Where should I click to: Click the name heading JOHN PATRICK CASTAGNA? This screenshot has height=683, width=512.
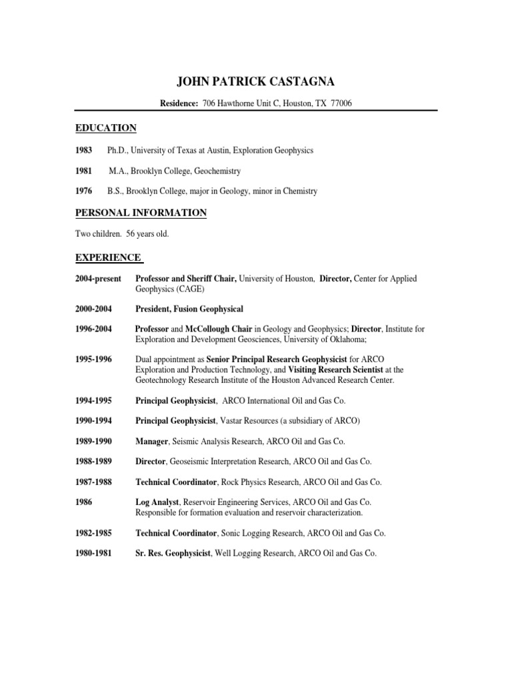[x=255, y=82]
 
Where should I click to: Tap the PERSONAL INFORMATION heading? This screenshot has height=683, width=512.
[x=141, y=213]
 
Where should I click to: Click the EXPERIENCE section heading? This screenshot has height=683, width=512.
[x=108, y=257]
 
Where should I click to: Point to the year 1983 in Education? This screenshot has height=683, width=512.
[x=85, y=151]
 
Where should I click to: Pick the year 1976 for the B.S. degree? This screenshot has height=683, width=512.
[x=85, y=191]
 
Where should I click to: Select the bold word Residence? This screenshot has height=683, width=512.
[x=179, y=103]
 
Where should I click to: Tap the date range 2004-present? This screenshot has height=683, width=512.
[x=97, y=279]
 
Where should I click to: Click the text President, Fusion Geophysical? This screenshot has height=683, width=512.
[x=189, y=309]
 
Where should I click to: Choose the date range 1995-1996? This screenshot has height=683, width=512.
[x=93, y=360]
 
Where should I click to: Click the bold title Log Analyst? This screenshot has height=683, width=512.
[x=158, y=502]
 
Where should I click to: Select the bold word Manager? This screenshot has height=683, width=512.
[x=153, y=442]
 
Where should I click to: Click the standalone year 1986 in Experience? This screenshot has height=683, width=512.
[x=85, y=502]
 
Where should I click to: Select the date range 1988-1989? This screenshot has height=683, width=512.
[x=93, y=462]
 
